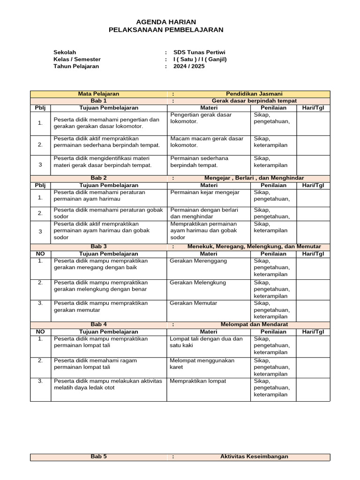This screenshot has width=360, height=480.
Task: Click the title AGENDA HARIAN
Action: [166, 22]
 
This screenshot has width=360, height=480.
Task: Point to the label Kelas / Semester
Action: [77, 60]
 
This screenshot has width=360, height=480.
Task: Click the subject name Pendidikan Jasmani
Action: [254, 94]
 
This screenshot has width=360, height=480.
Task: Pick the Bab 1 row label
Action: [98, 101]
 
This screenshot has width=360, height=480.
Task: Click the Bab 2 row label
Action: [98, 178]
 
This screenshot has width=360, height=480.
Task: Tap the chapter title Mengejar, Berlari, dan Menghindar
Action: [254, 178]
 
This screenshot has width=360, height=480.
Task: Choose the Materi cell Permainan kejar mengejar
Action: [204, 193]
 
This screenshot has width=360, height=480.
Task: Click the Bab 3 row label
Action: [98, 247]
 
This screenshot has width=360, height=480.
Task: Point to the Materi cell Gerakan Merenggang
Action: [198, 261]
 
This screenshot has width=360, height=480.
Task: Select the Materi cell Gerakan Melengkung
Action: [198, 283]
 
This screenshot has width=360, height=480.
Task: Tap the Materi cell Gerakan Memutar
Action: [194, 303]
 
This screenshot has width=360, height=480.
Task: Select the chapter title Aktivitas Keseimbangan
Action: [254, 457]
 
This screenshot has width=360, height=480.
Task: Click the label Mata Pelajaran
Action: [98, 94]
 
